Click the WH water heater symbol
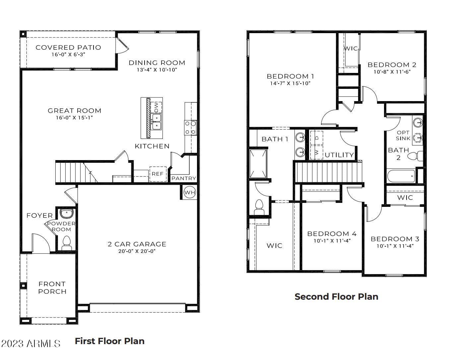190,192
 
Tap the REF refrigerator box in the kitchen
158,174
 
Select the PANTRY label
184,178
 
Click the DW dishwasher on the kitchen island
156,107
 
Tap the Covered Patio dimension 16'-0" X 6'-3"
68,54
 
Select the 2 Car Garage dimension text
137,251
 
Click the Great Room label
74,111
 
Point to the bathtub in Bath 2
401,176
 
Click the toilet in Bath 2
415,156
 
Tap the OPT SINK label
403,136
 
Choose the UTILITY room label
339,155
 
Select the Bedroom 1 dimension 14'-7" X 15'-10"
290,84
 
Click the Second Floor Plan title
336,297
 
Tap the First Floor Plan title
109,341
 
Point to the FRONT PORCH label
52,288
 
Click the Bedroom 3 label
395,239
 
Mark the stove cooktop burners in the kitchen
190,128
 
